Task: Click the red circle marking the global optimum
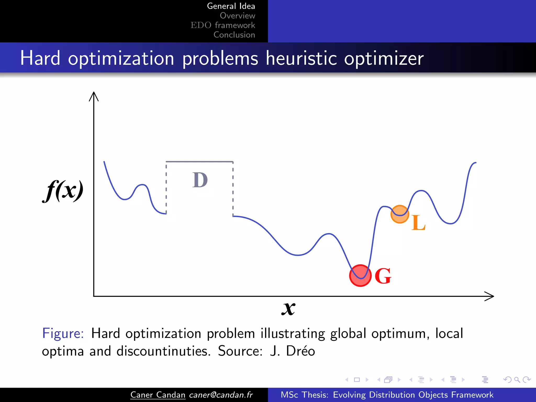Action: [x=360, y=276]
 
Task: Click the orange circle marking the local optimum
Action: [x=400, y=214]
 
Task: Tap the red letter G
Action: [x=383, y=276]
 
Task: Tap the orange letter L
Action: [x=418, y=223]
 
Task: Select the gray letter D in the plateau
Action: [x=200, y=180]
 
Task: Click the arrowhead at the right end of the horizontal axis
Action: [x=490, y=296]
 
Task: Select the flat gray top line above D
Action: [x=199, y=162]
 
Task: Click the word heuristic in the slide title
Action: [x=301, y=58]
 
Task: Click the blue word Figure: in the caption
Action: [x=63, y=333]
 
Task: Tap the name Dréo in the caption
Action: [x=300, y=351]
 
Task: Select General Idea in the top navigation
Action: [x=231, y=6]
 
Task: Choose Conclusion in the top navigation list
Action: [x=234, y=35]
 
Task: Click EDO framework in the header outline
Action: [x=223, y=25]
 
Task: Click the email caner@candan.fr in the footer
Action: [x=221, y=395]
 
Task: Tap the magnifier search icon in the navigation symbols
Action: [x=517, y=379]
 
